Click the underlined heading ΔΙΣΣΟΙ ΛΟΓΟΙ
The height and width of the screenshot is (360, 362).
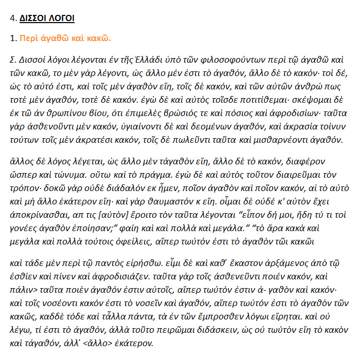pyautogui.click(x=47, y=18)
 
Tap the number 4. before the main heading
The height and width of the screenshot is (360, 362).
pyautogui.click(x=13, y=18)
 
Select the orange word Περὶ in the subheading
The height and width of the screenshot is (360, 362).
pyautogui.click(x=28, y=38)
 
